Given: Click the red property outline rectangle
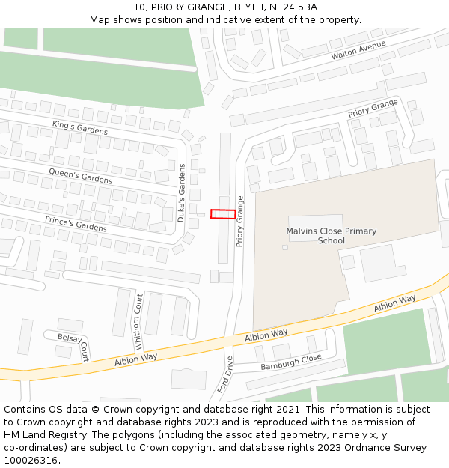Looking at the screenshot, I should [223, 214].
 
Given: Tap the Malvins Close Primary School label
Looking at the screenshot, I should [331, 236].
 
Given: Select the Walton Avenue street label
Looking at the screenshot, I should [358, 51].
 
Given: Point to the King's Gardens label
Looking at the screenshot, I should [79, 127].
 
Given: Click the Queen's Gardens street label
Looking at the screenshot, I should [80, 176].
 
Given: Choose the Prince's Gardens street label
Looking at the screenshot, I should [76, 222].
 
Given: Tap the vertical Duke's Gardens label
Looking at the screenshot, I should [181, 192].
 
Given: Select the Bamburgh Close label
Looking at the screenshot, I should [290, 362].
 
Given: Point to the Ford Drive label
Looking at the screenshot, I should [225, 374].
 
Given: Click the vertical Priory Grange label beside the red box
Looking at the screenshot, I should [240, 222].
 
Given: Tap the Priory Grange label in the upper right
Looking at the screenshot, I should [373, 109].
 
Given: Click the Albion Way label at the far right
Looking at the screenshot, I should [394, 303].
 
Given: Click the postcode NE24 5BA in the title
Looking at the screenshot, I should [290, 7].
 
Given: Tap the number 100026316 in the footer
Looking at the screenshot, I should [31, 460].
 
